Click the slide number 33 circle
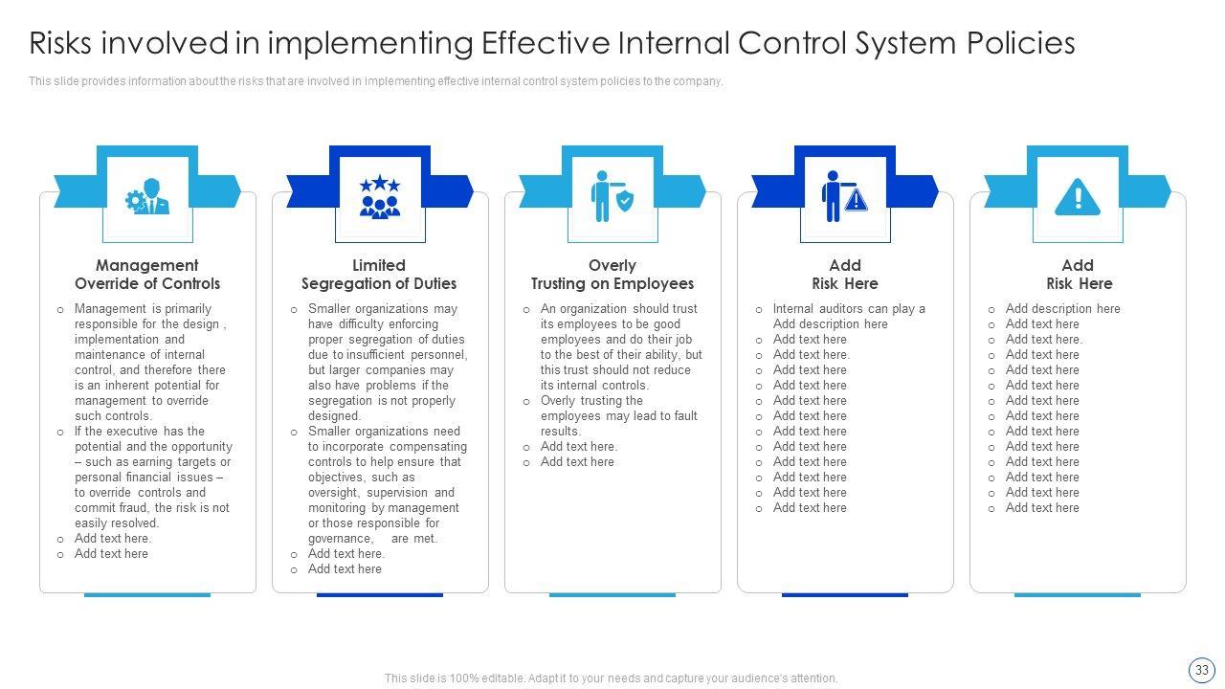[1201, 670]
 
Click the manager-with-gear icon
[147, 196]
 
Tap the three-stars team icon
[380, 196]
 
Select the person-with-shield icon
[612, 196]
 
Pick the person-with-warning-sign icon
[844, 196]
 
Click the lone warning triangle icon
[1078, 197]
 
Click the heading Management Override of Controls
[147, 275]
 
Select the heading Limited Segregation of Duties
[379, 275]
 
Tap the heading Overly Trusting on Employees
[612, 275]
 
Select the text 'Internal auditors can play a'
[849, 309]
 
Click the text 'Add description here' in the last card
[1062, 309]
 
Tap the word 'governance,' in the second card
[340, 539]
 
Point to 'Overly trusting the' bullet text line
[591, 401]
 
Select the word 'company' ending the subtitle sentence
[698, 81]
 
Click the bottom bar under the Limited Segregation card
[380, 594]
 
